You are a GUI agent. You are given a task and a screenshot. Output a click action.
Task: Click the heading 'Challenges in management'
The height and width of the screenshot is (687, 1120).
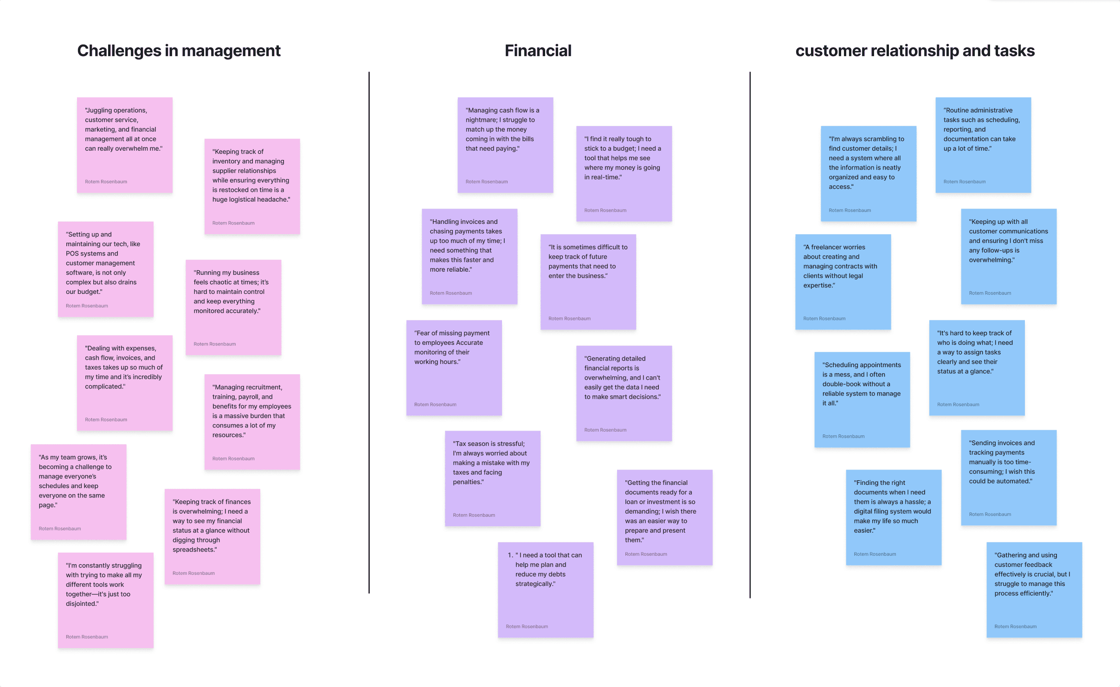click(x=179, y=51)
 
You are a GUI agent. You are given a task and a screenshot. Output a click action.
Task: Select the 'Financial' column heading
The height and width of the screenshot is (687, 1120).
click(x=538, y=51)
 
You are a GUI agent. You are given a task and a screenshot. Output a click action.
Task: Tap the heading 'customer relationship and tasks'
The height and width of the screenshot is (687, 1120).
click(x=915, y=51)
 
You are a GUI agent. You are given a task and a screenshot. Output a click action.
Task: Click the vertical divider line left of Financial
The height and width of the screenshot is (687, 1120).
click(x=369, y=332)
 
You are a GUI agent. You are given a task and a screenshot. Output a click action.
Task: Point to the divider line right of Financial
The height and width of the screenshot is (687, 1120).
click(x=750, y=335)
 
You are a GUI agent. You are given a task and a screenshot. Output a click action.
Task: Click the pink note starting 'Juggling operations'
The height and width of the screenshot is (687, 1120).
click(x=125, y=145)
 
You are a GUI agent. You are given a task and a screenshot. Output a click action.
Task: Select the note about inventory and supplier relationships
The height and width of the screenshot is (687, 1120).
click(x=252, y=186)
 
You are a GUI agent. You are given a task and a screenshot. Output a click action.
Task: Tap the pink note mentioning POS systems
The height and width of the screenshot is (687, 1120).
click(x=106, y=269)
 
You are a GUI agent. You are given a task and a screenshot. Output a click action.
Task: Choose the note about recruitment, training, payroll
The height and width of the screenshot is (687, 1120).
click(x=252, y=422)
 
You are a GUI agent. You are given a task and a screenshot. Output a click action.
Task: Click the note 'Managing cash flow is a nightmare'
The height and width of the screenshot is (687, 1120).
click(x=505, y=145)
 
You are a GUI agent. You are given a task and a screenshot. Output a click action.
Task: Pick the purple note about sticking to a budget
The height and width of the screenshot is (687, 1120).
click(x=624, y=174)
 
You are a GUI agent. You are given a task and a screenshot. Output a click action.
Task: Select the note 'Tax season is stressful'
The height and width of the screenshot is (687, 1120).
click(x=493, y=478)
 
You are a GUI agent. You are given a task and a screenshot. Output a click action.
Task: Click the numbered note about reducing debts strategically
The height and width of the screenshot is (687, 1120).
click(x=546, y=590)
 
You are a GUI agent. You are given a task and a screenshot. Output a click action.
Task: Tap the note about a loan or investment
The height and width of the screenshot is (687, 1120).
click(x=665, y=517)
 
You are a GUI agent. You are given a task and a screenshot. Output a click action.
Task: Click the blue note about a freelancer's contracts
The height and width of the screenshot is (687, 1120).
click(x=843, y=282)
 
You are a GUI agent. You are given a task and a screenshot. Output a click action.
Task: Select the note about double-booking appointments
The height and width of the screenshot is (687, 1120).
click(x=862, y=400)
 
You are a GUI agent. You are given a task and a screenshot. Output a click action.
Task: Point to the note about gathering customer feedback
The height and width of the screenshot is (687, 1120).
click(x=1034, y=590)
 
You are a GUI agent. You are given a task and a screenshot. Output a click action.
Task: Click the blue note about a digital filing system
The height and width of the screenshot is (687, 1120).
click(x=894, y=517)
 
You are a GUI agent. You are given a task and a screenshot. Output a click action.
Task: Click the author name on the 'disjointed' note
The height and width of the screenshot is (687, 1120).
click(x=87, y=637)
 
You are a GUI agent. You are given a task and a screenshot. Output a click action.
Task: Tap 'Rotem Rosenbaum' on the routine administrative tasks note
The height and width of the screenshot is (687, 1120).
click(x=965, y=182)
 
